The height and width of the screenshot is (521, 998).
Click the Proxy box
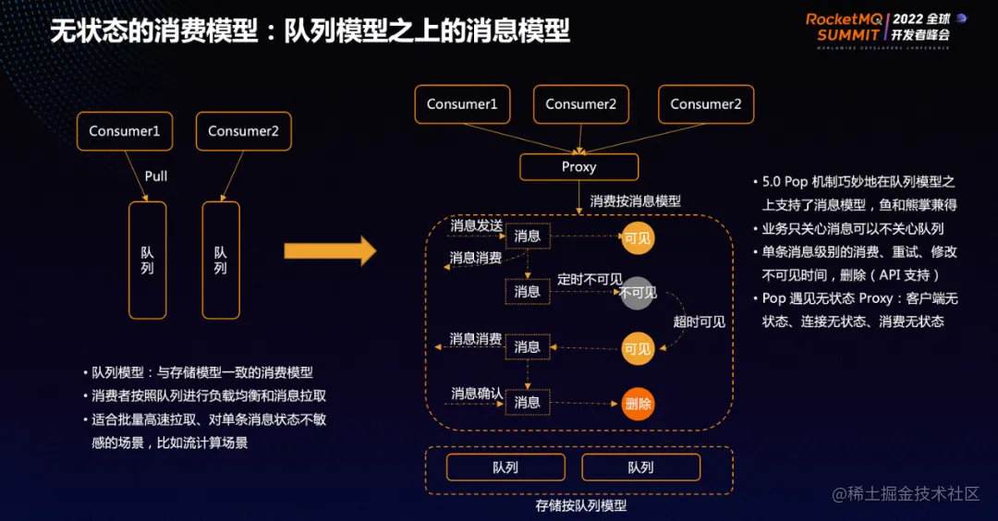[x=578, y=167]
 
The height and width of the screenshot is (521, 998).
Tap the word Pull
[x=156, y=176]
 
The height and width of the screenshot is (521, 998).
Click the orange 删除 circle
[x=638, y=404]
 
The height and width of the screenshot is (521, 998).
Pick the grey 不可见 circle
[x=638, y=293]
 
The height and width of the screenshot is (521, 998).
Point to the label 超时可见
[x=699, y=321]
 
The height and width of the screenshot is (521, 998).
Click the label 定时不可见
[x=589, y=278]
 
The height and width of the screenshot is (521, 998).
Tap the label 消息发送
[x=476, y=225]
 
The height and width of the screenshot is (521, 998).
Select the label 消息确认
[x=476, y=394]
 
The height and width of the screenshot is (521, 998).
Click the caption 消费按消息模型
[x=635, y=200]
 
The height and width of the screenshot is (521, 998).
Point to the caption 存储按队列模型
[x=580, y=505]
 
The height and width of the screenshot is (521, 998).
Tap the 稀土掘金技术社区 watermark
[x=906, y=493]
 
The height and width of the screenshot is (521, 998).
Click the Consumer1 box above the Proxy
[x=462, y=104]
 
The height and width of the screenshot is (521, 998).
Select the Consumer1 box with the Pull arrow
[x=125, y=131]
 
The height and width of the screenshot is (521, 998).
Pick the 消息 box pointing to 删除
[x=527, y=402]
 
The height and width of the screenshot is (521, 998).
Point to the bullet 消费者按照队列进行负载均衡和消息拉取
[x=209, y=395]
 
